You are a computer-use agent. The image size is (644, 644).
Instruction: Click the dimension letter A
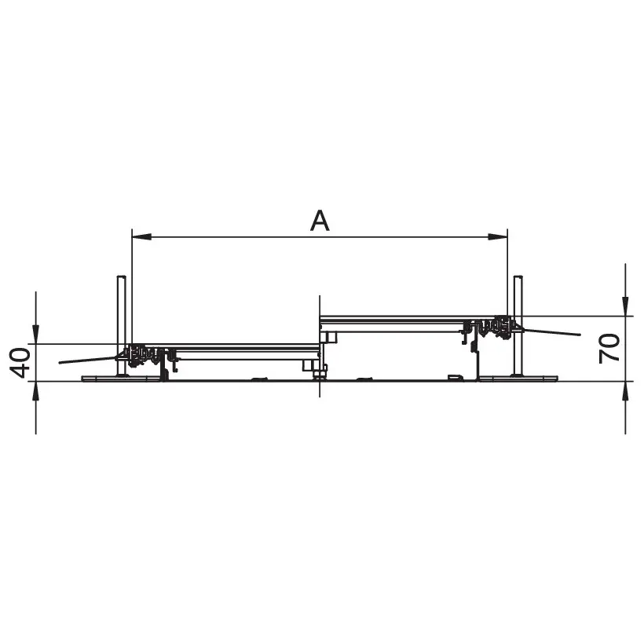[x=320, y=221]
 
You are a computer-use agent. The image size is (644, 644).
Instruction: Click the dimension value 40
[x=20, y=363]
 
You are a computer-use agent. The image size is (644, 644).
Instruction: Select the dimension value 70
[x=609, y=349]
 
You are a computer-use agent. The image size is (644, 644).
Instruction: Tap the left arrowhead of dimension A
[x=141, y=237]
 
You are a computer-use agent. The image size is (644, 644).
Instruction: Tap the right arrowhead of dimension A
[x=498, y=237]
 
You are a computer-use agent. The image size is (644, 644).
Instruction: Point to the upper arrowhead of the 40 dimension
[x=35, y=334]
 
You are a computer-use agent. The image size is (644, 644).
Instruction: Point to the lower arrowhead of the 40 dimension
[x=35, y=391]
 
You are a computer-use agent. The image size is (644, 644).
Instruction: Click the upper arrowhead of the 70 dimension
[x=625, y=307]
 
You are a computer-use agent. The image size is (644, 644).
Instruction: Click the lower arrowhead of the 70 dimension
[x=625, y=391]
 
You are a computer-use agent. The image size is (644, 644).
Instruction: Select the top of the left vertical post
[x=122, y=276]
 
